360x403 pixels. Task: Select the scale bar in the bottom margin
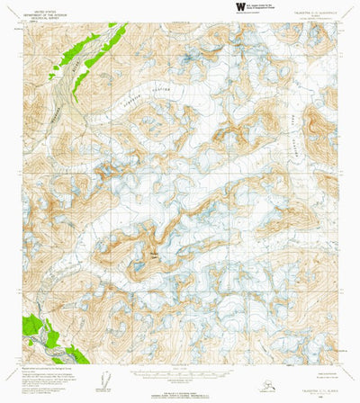coord(179,372)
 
